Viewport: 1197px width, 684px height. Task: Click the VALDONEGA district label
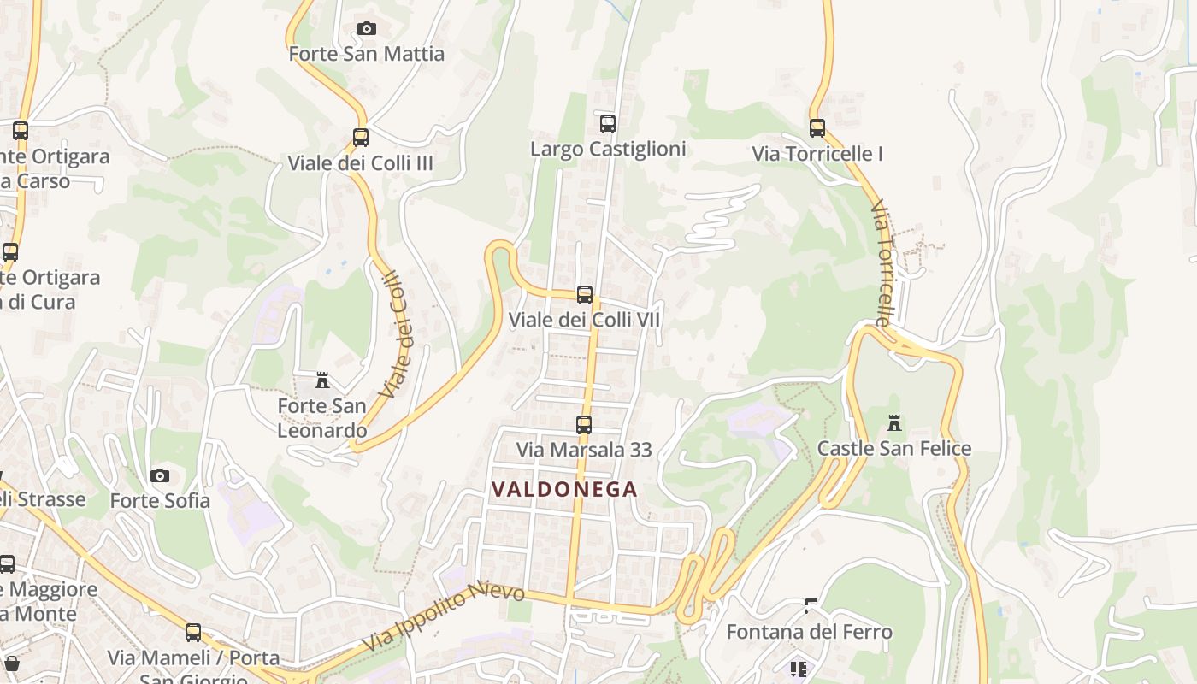(564, 489)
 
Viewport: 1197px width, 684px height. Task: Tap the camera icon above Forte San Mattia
(366, 29)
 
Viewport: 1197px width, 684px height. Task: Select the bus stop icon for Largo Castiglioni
(608, 124)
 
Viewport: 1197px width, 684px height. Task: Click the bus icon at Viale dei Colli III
(361, 138)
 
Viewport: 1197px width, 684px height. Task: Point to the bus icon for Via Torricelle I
(817, 128)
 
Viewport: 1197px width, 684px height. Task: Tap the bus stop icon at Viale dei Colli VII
(585, 295)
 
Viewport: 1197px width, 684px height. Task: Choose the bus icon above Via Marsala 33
(584, 425)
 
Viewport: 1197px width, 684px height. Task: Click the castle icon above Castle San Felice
(894, 423)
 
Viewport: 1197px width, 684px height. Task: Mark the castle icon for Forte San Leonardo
(322, 380)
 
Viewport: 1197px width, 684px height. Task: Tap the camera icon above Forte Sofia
(160, 475)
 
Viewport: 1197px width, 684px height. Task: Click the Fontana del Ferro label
(809, 632)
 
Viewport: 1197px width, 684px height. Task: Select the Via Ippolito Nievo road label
(443, 619)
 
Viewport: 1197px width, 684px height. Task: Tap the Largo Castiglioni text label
(608, 149)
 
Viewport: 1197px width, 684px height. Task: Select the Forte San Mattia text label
(366, 54)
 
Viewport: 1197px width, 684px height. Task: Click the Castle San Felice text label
(894, 448)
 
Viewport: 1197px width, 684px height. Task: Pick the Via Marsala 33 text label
(584, 450)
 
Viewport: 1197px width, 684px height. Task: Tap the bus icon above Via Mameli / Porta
(193, 633)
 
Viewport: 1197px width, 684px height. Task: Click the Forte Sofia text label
(160, 500)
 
